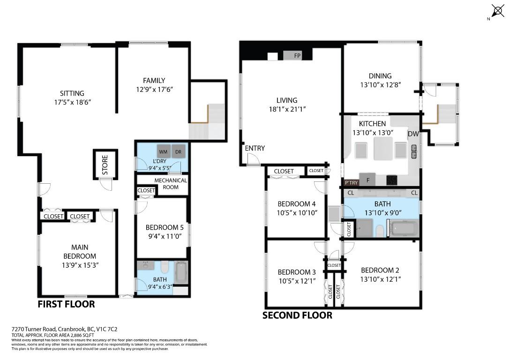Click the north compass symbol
coord(497,11)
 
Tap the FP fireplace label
coord(297,55)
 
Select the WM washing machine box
coord(163,151)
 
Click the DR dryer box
coord(178,151)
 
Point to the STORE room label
coord(105,165)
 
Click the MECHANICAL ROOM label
coord(171,184)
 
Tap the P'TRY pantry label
coord(351,183)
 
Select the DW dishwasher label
coord(413,134)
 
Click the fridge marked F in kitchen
coord(367,180)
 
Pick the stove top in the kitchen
coord(391,180)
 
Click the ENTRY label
coord(255,148)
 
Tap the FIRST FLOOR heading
coord(67,304)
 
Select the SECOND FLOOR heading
coord(297,315)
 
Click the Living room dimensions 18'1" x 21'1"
coord(287,109)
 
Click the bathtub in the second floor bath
coord(404,229)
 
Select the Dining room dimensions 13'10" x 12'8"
coord(381,85)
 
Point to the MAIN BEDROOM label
coord(80,252)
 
